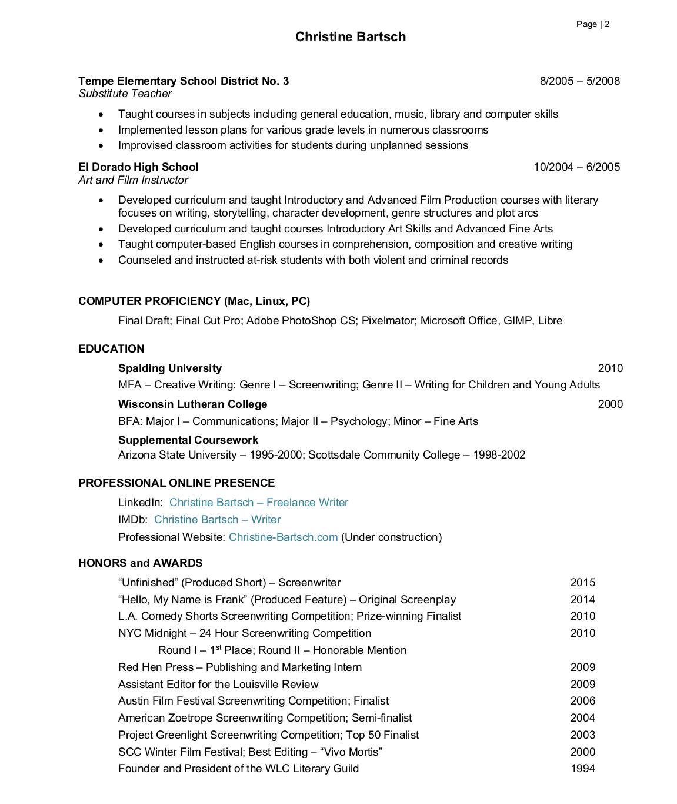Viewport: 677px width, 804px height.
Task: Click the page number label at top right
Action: [x=592, y=24]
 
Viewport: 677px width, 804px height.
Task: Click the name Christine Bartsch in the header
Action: [x=351, y=37]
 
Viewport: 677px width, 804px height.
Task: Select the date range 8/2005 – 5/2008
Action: [x=579, y=81]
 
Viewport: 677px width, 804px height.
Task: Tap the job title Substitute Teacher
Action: [x=125, y=94]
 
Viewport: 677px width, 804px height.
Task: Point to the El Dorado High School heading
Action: [x=138, y=167]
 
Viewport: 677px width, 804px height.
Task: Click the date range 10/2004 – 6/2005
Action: [x=576, y=167]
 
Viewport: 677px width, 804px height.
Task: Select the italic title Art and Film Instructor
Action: [x=134, y=180]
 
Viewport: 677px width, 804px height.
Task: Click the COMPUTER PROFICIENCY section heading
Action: [x=194, y=301]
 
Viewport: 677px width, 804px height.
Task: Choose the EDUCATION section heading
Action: [x=111, y=349]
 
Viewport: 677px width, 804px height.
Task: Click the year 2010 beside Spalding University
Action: [x=610, y=368]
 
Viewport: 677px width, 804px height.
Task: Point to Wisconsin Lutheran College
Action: [x=192, y=404]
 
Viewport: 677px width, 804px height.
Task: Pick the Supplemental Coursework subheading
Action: [x=188, y=440]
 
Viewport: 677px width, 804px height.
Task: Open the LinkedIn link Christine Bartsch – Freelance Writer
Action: [x=259, y=503]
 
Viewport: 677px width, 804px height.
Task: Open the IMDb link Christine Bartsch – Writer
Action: [x=217, y=520]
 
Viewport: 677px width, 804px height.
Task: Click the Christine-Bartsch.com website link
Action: [x=283, y=537]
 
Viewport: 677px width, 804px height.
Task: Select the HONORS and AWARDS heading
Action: [x=141, y=563]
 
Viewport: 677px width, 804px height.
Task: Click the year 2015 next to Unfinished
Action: [x=582, y=583]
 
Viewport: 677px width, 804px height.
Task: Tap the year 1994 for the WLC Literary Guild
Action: [x=582, y=769]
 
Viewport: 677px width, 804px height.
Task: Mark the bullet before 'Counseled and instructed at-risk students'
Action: [x=101, y=260]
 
